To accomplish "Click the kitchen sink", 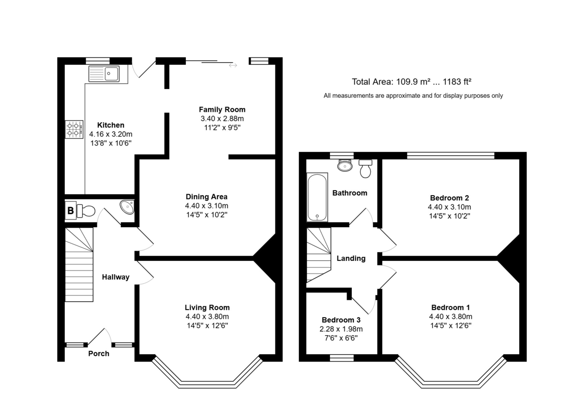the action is click(104, 74).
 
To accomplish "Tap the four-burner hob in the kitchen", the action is click(74, 129).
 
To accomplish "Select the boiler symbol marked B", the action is click(71, 210).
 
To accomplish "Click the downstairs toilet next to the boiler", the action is click(86, 211).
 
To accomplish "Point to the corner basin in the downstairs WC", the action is click(128, 207).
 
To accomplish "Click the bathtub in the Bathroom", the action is click(317, 197).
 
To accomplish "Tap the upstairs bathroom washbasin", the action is click(345, 165).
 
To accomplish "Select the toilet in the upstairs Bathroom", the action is click(365, 169).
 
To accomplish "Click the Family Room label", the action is click(222, 109).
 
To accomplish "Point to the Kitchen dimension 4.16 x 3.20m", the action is click(111, 134).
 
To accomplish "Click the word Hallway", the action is click(116, 277).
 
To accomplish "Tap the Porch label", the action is click(98, 354).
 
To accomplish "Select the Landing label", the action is click(351, 258).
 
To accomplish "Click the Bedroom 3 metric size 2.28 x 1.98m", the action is click(341, 329).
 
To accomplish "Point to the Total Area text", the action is click(412, 82).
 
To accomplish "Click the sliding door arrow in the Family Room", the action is click(233, 65).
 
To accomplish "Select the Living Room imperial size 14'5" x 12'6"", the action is click(207, 326).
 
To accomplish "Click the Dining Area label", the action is click(206, 197).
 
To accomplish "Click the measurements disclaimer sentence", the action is click(413, 96).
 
